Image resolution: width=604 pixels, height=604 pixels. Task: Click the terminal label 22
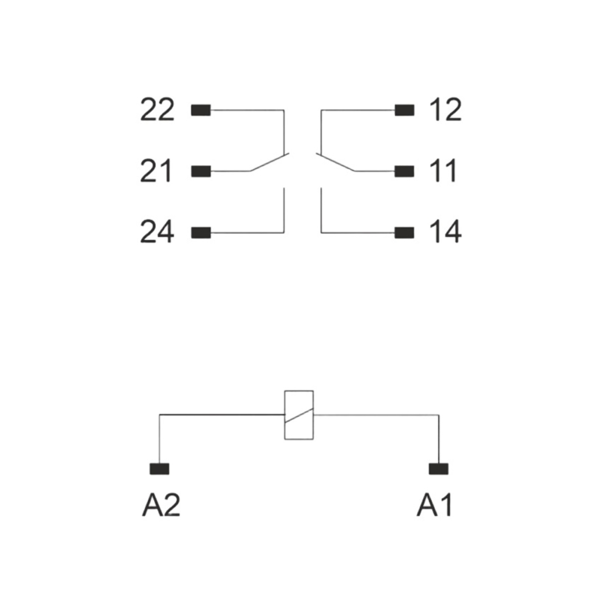(157, 110)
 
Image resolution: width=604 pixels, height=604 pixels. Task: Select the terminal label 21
(156, 171)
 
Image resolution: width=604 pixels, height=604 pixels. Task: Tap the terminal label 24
(157, 232)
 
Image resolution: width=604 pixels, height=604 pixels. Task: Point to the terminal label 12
(445, 110)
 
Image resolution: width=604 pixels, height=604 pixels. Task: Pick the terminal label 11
(443, 171)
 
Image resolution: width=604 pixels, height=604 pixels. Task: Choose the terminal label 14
(445, 232)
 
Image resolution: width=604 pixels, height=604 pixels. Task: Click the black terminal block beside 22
(201, 110)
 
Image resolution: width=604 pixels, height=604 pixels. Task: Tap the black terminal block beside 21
(201, 172)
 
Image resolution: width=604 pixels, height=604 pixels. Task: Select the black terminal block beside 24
(201, 233)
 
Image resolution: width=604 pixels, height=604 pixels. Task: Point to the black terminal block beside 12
(404, 110)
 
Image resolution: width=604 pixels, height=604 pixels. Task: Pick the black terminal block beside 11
(404, 172)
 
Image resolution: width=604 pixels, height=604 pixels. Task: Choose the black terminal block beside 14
(404, 233)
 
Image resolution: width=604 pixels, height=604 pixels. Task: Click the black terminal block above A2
(160, 469)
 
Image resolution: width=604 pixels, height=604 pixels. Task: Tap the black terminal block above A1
(438, 469)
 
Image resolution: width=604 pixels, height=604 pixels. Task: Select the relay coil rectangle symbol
(284, 415)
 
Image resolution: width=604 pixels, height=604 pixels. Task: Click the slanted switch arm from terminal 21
(270, 162)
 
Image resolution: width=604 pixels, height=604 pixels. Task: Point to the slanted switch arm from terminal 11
(335, 162)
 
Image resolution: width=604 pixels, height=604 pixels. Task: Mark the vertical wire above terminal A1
(439, 439)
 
